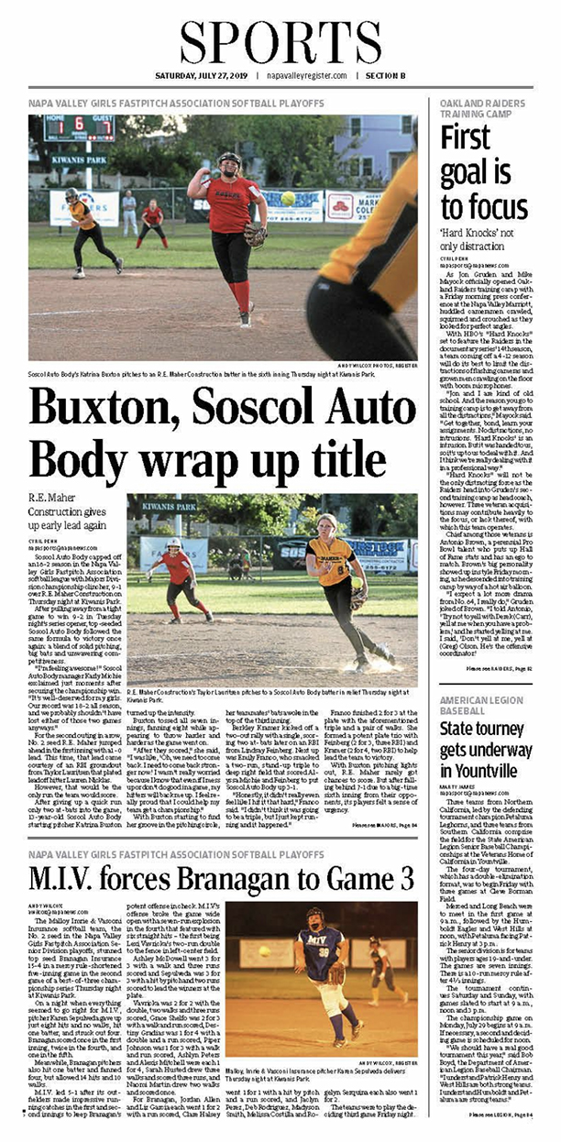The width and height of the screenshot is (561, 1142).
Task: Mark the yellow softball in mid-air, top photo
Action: pos(288,199)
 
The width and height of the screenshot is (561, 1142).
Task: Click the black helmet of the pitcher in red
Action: pos(229,159)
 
